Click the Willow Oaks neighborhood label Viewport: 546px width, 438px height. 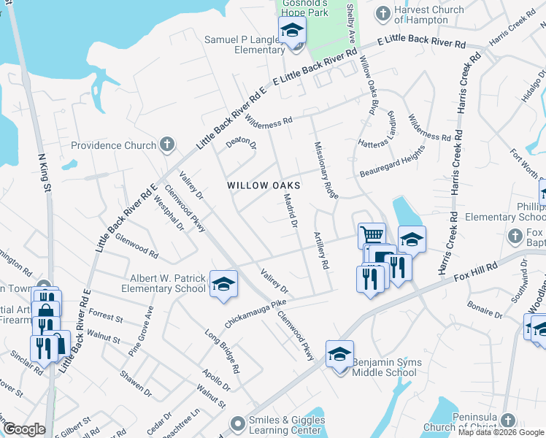[264, 185]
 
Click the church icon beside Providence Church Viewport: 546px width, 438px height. [167, 145]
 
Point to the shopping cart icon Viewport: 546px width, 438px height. [372, 235]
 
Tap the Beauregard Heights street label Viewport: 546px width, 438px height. [392, 163]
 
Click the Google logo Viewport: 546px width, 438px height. [24, 430]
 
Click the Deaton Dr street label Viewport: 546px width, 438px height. [242, 143]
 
